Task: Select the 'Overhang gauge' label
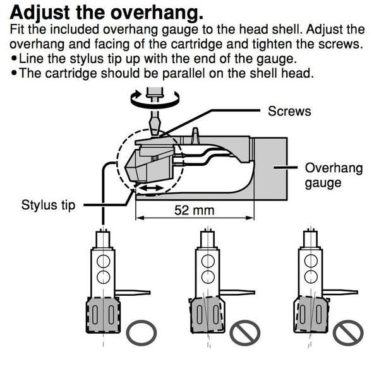pos(324,176)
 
